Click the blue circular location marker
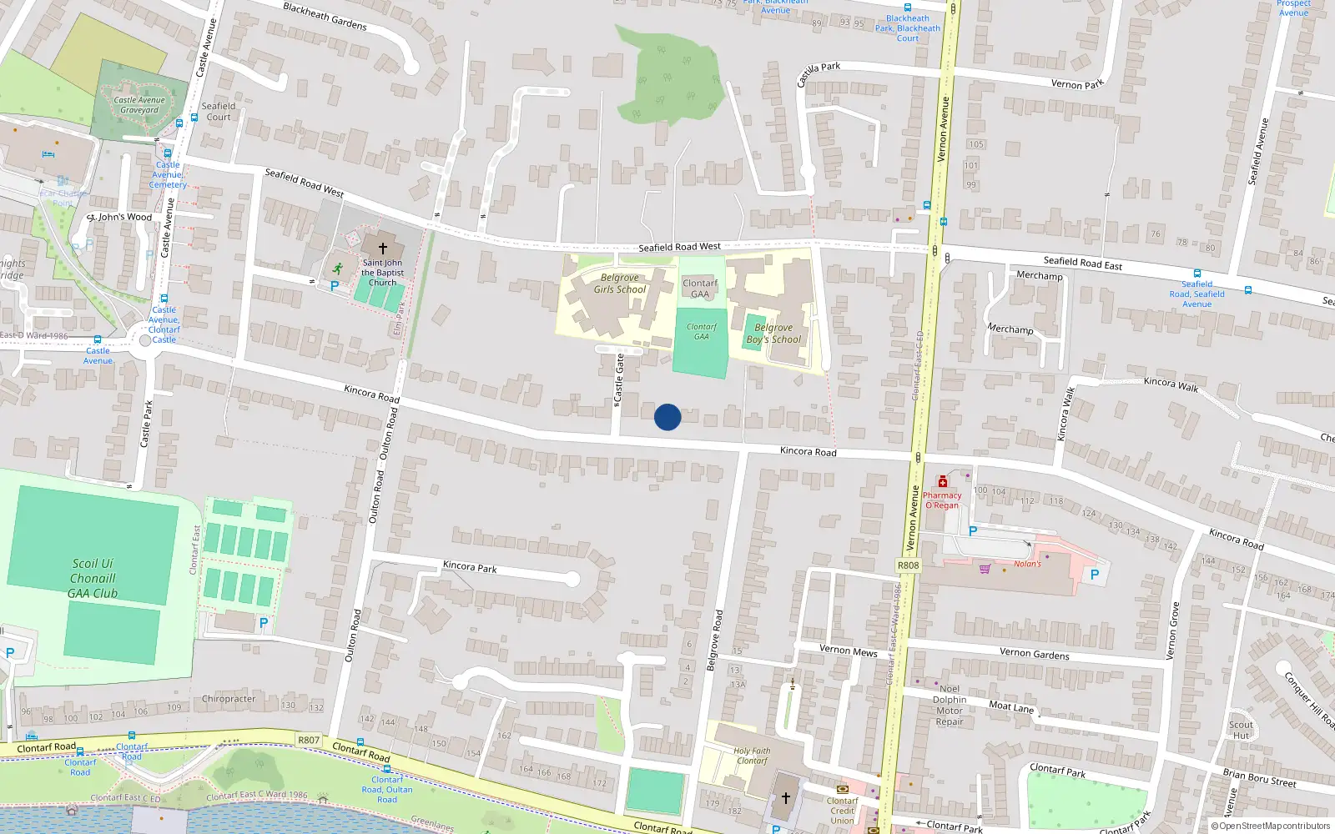coord(667,417)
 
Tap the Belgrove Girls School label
coord(620,284)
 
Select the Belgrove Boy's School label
coord(773,334)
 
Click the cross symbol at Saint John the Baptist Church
coord(383,249)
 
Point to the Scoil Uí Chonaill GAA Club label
coord(93,579)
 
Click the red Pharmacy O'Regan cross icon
coord(943,482)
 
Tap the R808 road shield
coord(908,565)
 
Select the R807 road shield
coord(309,740)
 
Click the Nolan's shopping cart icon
coord(985,569)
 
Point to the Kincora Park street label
coord(470,567)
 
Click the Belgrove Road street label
coord(714,641)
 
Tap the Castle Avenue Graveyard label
coord(139,105)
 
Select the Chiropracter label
coord(229,699)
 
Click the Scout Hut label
coord(1241,730)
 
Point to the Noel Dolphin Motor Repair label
coord(950,706)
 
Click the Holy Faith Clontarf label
coord(752,756)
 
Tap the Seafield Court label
coord(219,112)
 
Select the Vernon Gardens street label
coord(1035,654)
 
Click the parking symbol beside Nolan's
coord(1095,575)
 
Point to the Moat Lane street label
coord(1011,707)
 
